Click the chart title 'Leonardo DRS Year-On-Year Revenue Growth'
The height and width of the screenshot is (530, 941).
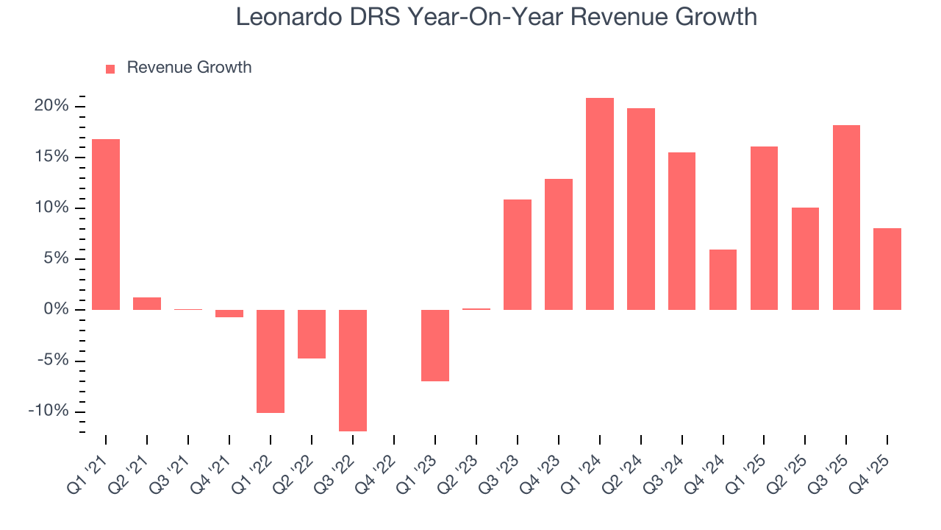(x=496, y=16)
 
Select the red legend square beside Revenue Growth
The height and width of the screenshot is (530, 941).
(x=110, y=68)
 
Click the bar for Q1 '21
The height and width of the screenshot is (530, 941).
(x=106, y=224)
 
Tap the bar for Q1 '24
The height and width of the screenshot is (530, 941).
(x=600, y=203)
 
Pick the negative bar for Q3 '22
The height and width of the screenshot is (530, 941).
(x=353, y=370)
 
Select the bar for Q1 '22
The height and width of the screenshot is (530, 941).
(x=271, y=361)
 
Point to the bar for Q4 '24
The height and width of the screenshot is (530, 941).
(x=723, y=279)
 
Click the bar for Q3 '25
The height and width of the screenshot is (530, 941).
(x=846, y=217)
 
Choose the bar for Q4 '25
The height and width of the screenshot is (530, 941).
(x=887, y=269)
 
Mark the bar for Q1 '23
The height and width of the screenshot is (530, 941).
(x=435, y=344)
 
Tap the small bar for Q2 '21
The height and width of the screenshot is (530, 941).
(x=147, y=303)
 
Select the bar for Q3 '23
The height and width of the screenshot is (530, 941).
(x=518, y=254)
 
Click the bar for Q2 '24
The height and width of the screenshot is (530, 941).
(x=641, y=208)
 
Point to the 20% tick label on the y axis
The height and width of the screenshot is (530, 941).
(x=51, y=106)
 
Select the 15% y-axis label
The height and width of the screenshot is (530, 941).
(x=51, y=157)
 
